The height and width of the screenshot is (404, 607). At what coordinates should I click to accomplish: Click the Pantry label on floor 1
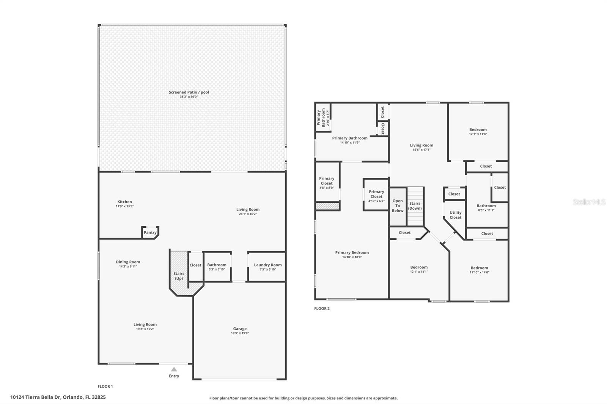pos(150,232)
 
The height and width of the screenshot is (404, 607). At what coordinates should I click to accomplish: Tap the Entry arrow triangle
pos(174,370)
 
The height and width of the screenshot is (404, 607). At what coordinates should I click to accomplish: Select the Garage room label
pos(240,329)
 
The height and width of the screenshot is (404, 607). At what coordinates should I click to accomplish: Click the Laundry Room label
pos(267,265)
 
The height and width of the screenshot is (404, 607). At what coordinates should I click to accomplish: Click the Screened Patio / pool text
pos(189,92)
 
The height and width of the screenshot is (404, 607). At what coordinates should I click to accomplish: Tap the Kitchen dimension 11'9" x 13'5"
pos(125,206)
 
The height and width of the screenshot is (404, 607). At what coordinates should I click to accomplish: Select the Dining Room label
pos(128,262)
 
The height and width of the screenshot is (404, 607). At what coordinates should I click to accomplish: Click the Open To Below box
pos(398,206)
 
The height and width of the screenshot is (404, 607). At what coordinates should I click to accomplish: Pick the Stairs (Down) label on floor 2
pos(415,206)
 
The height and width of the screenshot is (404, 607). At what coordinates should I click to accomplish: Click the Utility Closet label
pos(456,215)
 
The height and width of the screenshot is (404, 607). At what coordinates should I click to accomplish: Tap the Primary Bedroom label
pos(352,252)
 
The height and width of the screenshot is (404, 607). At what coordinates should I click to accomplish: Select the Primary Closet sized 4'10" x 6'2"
pos(376,194)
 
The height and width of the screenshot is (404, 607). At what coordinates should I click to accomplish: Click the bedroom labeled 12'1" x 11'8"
pos(478,130)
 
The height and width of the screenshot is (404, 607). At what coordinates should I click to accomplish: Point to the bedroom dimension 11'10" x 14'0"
pos(480,272)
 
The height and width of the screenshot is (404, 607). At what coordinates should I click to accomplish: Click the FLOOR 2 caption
pos(322,308)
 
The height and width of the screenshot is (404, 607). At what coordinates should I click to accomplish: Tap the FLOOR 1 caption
pos(105,387)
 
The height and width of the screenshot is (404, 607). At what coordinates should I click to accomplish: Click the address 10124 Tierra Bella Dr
pos(58,397)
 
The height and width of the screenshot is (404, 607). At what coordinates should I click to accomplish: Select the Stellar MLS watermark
pos(589,202)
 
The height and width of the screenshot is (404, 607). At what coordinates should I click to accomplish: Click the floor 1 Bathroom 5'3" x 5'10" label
pos(217,265)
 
